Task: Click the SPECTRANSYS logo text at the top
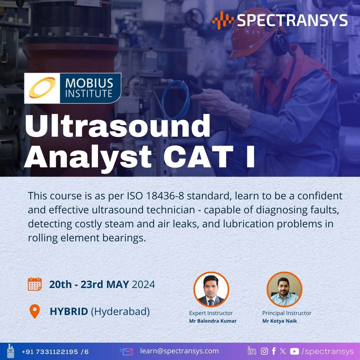[292, 20]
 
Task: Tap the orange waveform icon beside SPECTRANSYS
[223, 20]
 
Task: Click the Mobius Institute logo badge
[73, 88]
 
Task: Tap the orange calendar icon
[35, 284]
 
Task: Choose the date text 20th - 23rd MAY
[89, 284]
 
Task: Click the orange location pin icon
[35, 311]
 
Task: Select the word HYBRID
[69, 311]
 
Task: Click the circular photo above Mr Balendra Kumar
[211, 289]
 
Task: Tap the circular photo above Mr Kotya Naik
[284, 289]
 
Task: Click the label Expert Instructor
[211, 313]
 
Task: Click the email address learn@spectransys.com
[179, 351]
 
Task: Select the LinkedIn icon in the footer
[252, 351]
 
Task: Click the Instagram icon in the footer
[264, 351]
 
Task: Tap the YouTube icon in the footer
[294, 351]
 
